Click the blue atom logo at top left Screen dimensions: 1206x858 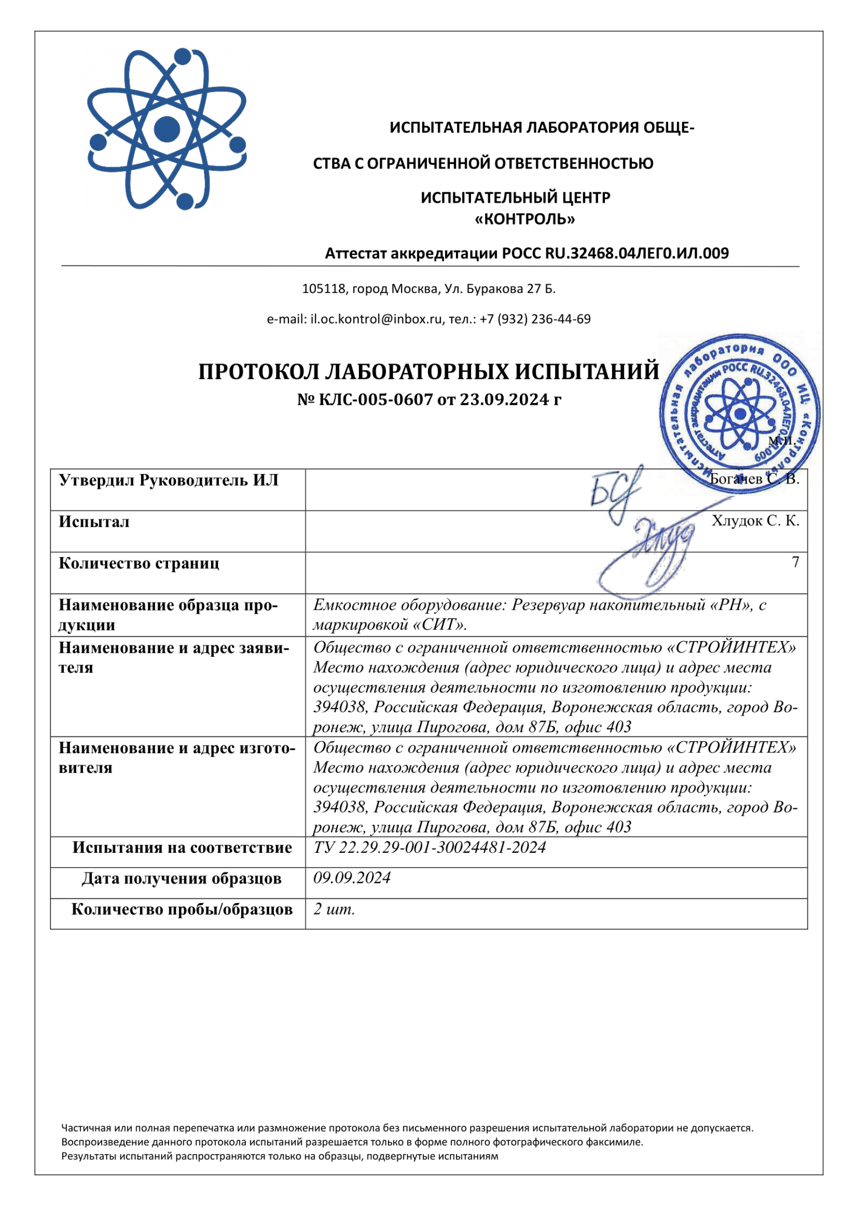point(167,129)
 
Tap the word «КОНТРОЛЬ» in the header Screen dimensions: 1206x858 point(525,219)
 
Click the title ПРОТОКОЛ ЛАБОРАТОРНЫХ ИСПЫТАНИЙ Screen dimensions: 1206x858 point(429,372)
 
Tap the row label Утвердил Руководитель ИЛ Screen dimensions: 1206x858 point(169,480)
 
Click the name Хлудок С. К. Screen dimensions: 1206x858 point(755,521)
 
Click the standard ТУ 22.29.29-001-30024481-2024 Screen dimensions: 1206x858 point(429,847)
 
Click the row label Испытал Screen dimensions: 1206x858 point(94,522)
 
